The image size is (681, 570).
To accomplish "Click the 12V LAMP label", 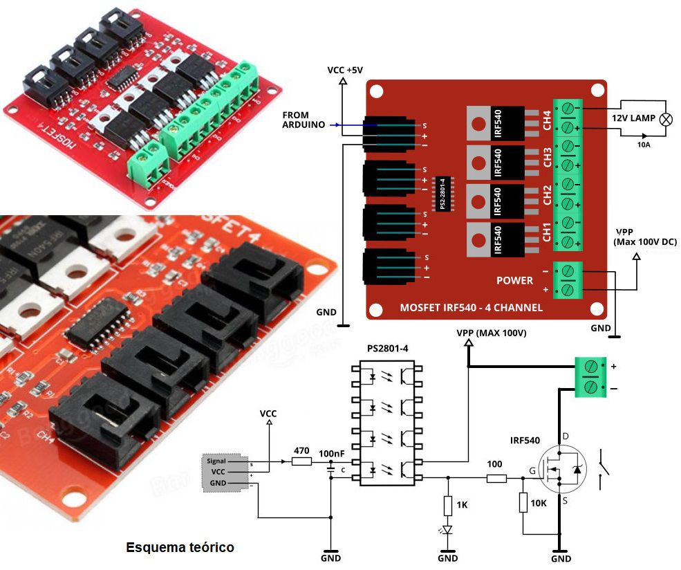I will click(x=633, y=118).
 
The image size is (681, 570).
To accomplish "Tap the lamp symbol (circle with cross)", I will click(x=666, y=118).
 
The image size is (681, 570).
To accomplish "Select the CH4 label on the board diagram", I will click(x=547, y=121).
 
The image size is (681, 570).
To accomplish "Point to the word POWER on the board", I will click(x=514, y=281).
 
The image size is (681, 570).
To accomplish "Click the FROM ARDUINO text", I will click(x=305, y=120).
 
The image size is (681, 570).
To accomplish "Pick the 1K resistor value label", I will click(x=462, y=505).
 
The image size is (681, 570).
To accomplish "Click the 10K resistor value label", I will click(x=539, y=503).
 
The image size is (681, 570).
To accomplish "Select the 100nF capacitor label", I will click(x=332, y=453).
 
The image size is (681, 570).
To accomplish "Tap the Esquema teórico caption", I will click(x=180, y=548).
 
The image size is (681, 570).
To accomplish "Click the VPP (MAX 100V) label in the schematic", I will click(x=492, y=333).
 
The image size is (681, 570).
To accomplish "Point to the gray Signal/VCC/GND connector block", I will click(x=225, y=472).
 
